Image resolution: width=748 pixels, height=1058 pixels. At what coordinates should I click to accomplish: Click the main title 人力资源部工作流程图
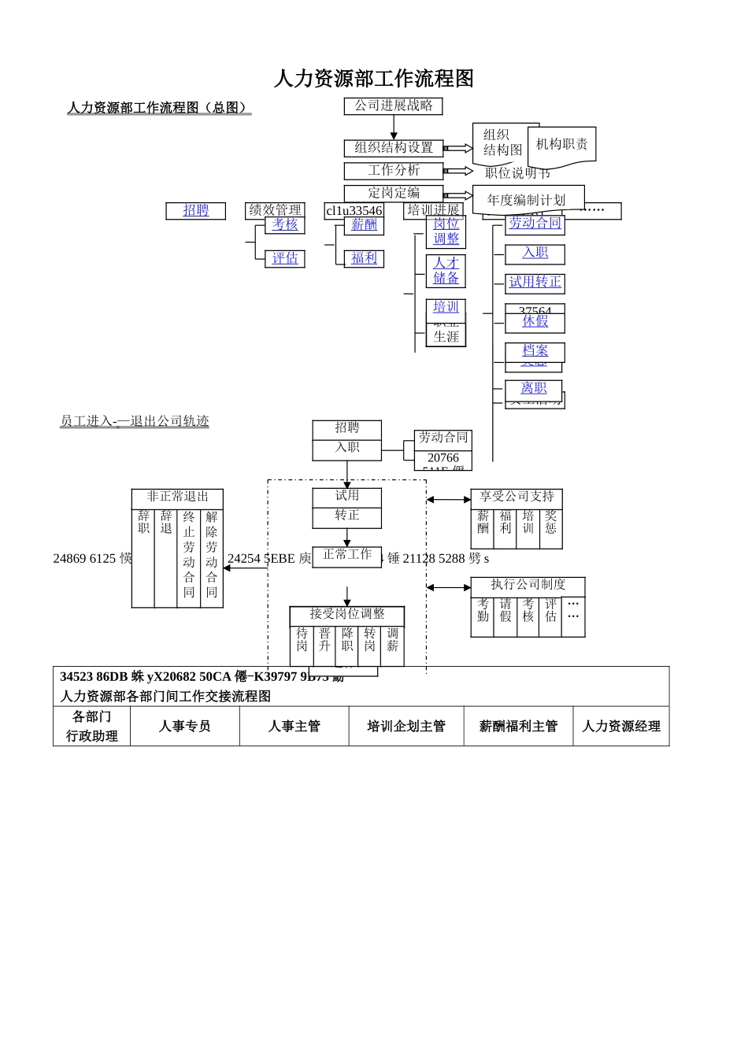tap(373, 79)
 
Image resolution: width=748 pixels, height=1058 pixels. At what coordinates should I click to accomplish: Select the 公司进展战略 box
tap(393, 105)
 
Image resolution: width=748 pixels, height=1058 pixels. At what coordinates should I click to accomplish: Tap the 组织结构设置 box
tap(393, 148)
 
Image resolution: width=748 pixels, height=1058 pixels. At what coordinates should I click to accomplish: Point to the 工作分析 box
tap(393, 171)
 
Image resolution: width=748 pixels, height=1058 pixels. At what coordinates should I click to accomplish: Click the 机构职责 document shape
tap(561, 145)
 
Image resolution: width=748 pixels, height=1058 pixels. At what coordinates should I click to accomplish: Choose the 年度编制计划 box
tap(527, 200)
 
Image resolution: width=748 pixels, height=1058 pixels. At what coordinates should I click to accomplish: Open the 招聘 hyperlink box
tap(195, 210)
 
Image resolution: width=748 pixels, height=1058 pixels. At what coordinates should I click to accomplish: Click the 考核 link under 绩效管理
tap(284, 225)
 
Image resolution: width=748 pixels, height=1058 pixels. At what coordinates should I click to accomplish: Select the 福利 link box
tap(364, 258)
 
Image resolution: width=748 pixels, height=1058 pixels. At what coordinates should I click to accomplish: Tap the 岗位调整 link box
tap(446, 231)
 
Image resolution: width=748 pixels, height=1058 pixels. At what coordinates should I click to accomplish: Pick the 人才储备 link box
tap(446, 271)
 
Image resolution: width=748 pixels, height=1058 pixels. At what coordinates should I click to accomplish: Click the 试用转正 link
tap(535, 283)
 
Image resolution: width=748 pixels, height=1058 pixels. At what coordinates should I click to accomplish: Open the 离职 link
tap(533, 389)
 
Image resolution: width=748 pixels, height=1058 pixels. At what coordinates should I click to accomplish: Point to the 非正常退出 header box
tap(177, 498)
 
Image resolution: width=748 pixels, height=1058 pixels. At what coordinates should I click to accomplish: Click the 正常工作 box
tap(346, 555)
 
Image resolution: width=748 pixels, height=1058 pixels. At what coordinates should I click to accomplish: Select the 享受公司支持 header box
tap(517, 498)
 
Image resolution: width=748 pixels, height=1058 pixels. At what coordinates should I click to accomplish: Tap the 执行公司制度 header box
tap(528, 586)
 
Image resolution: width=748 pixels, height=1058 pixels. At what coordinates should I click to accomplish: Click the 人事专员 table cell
tap(184, 727)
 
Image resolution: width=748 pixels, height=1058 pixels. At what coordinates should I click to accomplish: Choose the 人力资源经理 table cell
tap(620, 727)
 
